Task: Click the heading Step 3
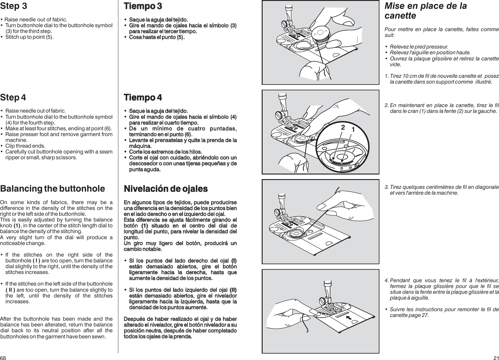[x=13, y=6]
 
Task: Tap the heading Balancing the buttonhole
[x=52, y=189]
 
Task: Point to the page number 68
[x=3, y=357]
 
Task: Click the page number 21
[x=496, y=357]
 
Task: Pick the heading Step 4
[x=13, y=98]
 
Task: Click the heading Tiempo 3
[x=142, y=6]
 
